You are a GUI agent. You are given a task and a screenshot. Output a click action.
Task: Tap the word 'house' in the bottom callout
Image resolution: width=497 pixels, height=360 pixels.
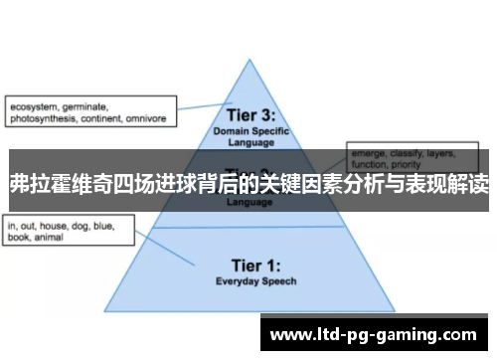(59, 227)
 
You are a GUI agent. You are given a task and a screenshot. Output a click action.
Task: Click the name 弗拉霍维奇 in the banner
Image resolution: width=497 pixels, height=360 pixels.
(59, 184)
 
